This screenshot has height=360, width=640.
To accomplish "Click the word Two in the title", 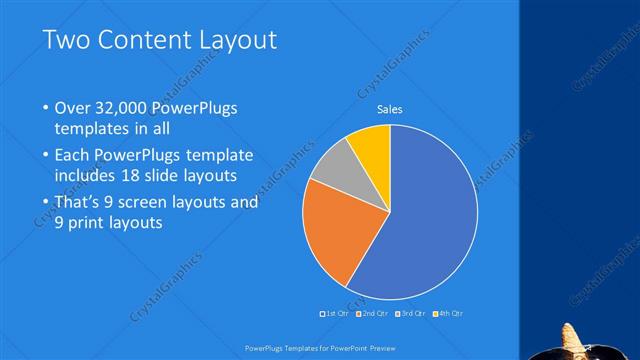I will click(x=65, y=41).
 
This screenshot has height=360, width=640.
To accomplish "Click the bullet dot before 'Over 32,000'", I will click(x=46, y=109).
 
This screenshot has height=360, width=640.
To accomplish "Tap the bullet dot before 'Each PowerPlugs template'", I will click(x=46, y=156).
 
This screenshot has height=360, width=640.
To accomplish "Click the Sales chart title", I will click(x=390, y=110).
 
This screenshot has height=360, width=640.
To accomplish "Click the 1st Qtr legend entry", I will click(x=336, y=313).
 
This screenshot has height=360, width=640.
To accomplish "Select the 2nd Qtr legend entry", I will click(x=374, y=313).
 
